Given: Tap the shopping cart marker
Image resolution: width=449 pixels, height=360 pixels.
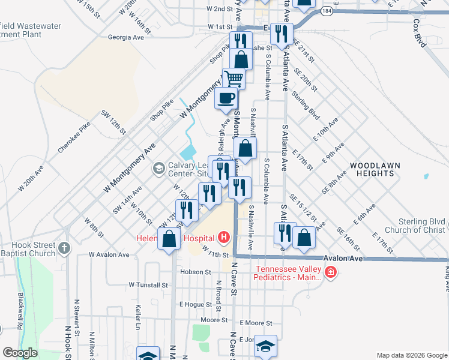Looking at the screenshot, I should [234, 77].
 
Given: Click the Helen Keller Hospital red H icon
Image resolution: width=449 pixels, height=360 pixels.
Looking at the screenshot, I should [224, 238].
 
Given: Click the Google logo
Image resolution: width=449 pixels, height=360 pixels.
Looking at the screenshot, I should [20, 353].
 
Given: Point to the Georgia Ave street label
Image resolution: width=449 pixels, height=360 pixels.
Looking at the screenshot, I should [126, 37].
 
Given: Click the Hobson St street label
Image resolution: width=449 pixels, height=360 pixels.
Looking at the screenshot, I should [193, 272].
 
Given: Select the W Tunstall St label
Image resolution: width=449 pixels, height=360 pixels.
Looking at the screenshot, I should [148, 285].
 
